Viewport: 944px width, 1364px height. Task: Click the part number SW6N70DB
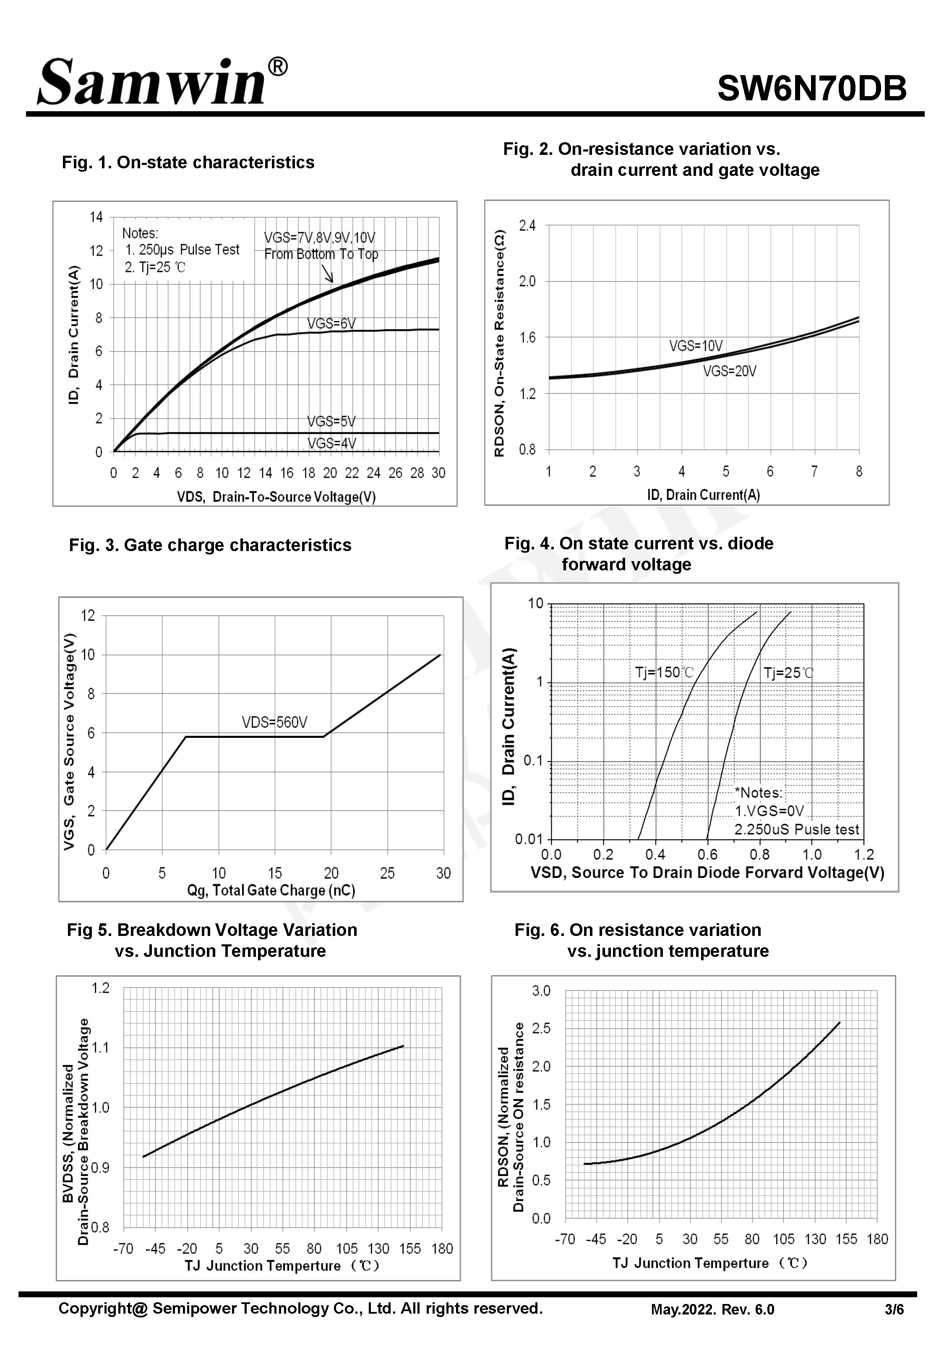pyautogui.click(x=811, y=89)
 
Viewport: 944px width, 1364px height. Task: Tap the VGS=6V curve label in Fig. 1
pyautogui.click(x=331, y=324)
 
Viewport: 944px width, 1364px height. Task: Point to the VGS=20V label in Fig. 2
pyautogui.click(x=729, y=371)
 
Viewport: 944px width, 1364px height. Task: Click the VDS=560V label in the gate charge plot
pyautogui.click(x=274, y=722)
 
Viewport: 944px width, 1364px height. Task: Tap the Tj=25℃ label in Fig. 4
pyautogui.click(x=788, y=672)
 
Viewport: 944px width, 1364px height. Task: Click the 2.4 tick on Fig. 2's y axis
pyautogui.click(x=527, y=225)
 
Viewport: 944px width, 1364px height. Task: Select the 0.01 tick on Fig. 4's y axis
pyautogui.click(x=529, y=839)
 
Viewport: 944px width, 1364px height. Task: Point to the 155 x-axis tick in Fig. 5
pyautogui.click(x=410, y=1249)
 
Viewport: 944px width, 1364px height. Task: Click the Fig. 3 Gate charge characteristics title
pyautogui.click(x=210, y=545)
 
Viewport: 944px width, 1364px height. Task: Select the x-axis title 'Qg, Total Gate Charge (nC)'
pyautogui.click(x=271, y=890)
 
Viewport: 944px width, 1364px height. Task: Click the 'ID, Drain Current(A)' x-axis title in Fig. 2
pyautogui.click(x=703, y=494)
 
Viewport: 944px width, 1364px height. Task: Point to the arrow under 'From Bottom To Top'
pyautogui.click(x=327, y=273)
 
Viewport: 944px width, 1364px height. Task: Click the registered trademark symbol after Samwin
pyautogui.click(x=278, y=67)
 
